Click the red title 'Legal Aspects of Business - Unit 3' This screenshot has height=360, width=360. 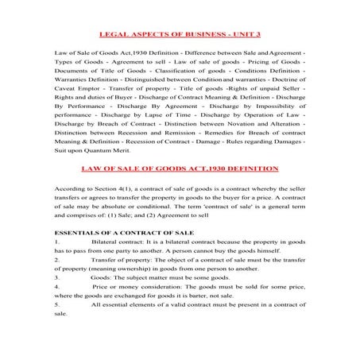[x=180, y=35]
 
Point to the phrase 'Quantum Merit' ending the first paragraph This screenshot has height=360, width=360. [x=103, y=150]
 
